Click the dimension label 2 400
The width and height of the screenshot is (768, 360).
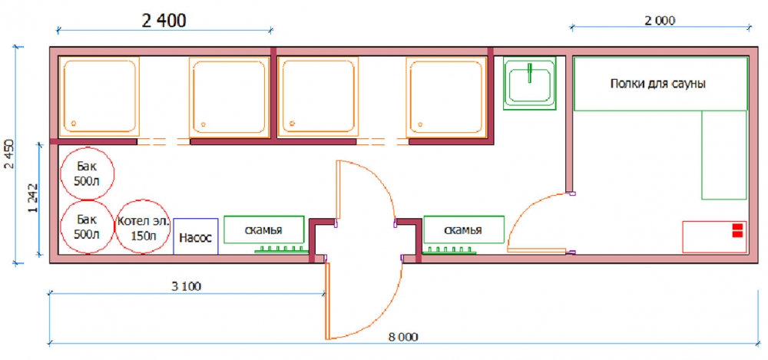point(164,21)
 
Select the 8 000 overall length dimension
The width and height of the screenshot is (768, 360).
point(404,337)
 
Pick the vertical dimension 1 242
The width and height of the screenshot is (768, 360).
point(33,197)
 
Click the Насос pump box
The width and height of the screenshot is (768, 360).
point(196,236)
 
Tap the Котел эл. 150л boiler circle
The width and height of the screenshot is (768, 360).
point(143,227)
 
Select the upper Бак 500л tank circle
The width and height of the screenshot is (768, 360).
point(88,174)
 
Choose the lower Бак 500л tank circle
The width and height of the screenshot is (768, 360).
point(88,227)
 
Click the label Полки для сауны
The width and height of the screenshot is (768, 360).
point(657,84)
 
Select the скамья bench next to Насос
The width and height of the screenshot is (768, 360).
point(264,230)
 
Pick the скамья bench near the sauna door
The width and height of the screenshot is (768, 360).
point(463,230)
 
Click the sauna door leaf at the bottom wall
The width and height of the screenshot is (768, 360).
point(537,250)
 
